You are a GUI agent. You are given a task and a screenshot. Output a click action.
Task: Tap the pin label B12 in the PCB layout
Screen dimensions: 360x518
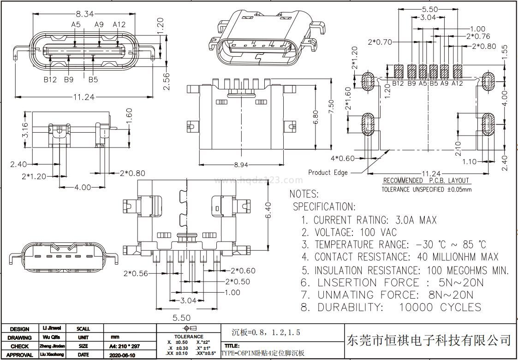[398, 83]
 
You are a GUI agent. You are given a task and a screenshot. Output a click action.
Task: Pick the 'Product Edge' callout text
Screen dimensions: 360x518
[328, 172]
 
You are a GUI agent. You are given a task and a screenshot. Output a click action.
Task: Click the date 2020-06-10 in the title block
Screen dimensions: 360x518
[122, 355]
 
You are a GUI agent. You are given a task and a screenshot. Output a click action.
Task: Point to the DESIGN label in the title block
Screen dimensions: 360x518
[20, 329]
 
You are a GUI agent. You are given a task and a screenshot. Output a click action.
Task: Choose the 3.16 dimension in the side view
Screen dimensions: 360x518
[12, 130]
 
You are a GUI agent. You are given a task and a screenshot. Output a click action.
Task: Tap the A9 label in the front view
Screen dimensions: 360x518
[99, 24]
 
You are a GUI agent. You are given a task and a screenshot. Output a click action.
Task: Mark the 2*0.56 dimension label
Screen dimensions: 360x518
[136, 273]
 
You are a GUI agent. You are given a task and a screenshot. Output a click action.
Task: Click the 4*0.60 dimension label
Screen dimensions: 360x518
[343, 159]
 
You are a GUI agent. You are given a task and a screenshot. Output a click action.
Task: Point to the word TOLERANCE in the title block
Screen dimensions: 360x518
[189, 337]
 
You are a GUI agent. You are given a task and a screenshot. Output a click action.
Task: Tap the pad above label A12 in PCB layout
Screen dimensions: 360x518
[458, 71]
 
